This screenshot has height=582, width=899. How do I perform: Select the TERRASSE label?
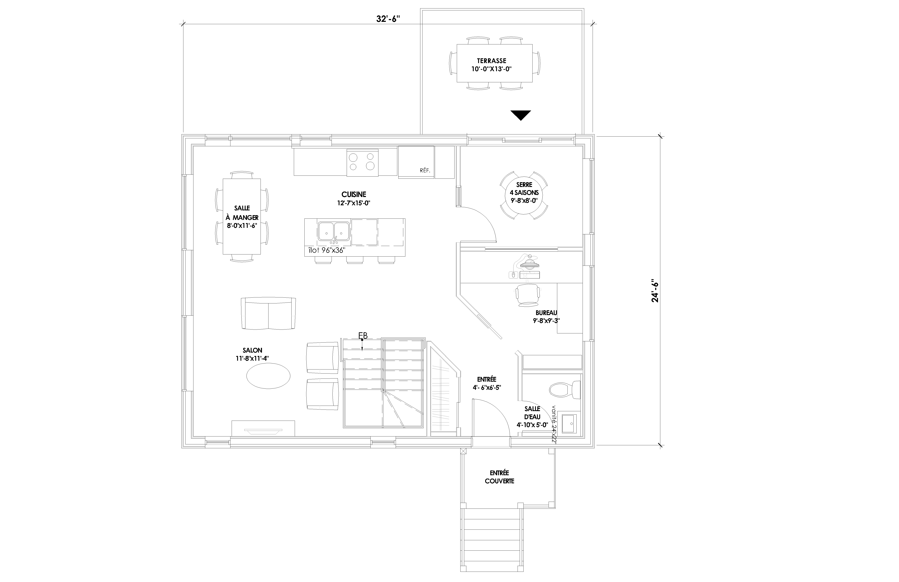tap(491, 60)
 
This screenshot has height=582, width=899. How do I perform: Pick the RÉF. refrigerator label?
tap(425, 170)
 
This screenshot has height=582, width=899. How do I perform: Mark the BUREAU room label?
tap(546, 313)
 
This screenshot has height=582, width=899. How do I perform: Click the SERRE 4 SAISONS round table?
tap(524, 195)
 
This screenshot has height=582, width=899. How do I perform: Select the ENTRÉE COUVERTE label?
tap(499, 477)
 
